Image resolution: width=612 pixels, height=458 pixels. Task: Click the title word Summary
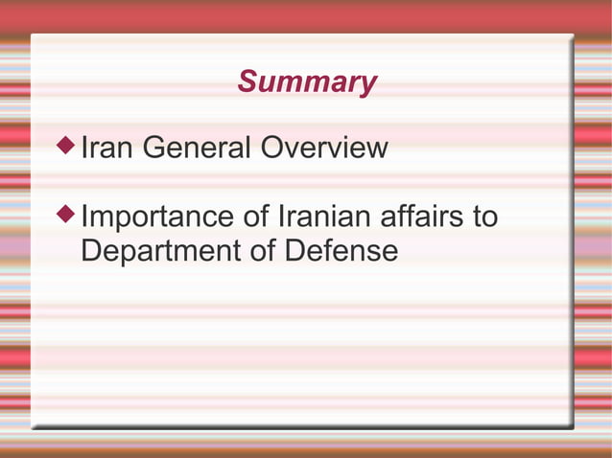click(x=307, y=82)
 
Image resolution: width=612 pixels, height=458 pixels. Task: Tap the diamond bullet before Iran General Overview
click(x=65, y=147)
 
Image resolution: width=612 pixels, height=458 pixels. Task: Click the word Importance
click(x=159, y=217)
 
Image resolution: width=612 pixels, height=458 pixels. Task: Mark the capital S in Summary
click(x=247, y=82)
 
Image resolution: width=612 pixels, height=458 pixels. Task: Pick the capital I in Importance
click(x=85, y=217)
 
